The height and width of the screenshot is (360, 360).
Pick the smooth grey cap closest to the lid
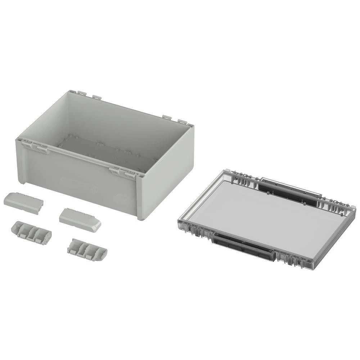click(x=80, y=220)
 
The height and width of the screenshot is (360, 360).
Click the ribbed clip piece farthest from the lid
click(x=31, y=232)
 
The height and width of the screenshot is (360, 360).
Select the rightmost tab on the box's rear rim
click(x=183, y=122)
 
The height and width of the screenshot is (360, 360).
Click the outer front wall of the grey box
click(x=79, y=180)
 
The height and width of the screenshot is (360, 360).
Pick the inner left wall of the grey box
click(x=47, y=119)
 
